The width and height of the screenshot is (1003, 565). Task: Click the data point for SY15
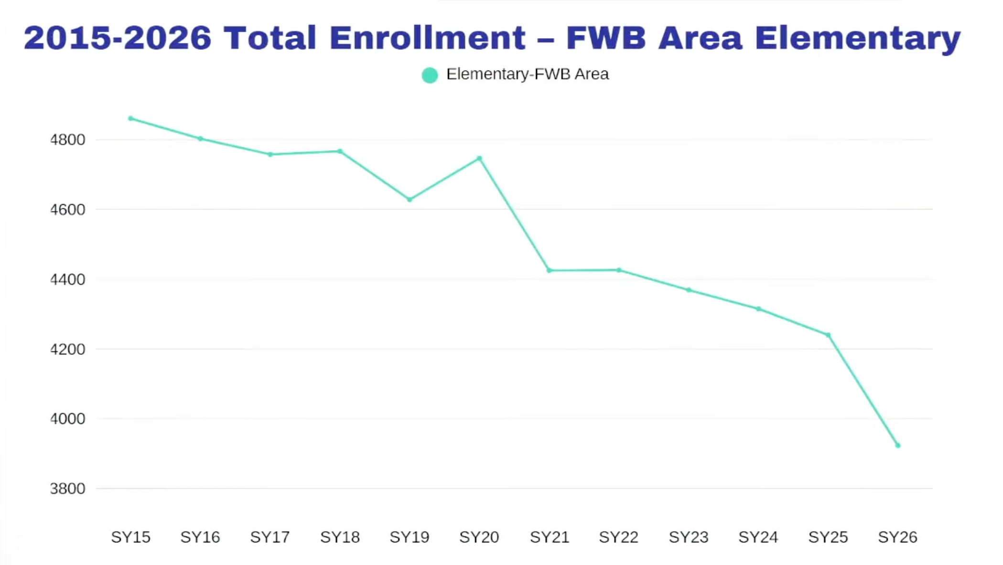(131, 118)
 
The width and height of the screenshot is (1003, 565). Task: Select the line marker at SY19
(410, 200)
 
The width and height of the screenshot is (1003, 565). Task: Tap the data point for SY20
(479, 158)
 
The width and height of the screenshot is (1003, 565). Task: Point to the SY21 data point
(549, 270)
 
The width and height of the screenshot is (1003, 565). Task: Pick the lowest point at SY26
(898, 446)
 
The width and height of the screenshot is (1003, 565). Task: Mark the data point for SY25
(828, 335)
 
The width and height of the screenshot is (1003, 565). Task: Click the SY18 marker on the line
(340, 151)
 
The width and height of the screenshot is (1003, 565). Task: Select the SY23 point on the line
(689, 290)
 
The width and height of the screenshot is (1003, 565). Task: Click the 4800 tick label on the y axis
(67, 140)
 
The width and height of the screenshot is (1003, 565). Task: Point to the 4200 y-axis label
(67, 350)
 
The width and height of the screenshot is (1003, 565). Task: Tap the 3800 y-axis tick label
(67, 489)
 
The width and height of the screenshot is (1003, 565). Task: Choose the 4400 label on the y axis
(67, 279)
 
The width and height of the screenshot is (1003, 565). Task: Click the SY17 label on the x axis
(270, 537)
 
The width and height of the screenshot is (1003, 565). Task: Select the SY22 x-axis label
(619, 537)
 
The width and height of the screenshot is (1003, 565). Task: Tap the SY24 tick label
(758, 537)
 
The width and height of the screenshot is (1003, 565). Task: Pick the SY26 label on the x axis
(898, 537)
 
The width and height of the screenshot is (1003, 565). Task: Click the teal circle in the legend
(430, 75)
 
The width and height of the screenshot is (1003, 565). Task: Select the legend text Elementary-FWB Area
(528, 75)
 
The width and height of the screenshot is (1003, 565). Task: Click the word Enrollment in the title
(428, 38)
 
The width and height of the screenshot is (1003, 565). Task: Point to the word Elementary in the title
(858, 38)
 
